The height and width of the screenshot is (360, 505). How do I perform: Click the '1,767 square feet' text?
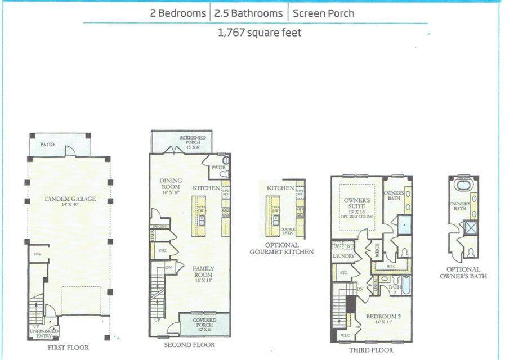pyautogui.click(x=259, y=33)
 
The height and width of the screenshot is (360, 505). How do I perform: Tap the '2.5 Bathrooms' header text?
pyautogui.click(x=248, y=12)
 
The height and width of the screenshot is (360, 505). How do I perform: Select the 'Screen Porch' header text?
pyautogui.click(x=323, y=12)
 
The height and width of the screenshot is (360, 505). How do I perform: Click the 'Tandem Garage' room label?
pyautogui.click(x=70, y=199)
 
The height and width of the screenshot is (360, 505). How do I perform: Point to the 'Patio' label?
pyautogui.click(x=47, y=145)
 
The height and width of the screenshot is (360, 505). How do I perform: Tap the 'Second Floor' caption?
pyautogui.click(x=189, y=345)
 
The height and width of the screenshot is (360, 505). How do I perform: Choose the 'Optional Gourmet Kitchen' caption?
pyautogui.click(x=282, y=249)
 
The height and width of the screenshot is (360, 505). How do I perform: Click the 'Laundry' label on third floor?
pyautogui.click(x=343, y=256)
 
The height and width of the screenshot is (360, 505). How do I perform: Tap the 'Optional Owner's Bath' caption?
pyautogui.click(x=463, y=273)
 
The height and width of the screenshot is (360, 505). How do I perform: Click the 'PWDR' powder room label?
pyautogui.click(x=218, y=168)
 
